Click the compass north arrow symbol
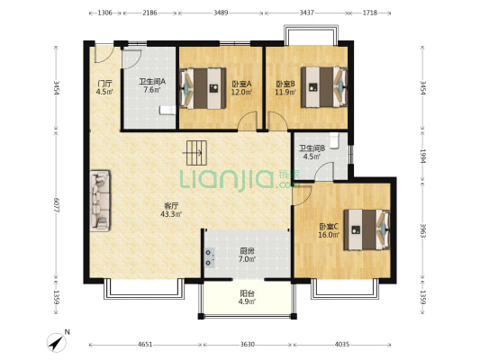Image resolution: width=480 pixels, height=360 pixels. pos(57,343)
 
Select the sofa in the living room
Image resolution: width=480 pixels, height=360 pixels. pos(100,201)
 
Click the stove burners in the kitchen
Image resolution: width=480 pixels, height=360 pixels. pos(210,257)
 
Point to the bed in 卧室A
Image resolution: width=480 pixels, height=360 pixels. pos(203,88)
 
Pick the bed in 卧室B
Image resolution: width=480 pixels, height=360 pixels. pos(324,87)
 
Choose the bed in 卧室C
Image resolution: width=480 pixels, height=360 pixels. pos(367,229)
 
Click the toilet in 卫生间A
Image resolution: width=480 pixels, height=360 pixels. pos(168,110)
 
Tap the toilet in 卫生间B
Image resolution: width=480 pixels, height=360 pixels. pos(334,140)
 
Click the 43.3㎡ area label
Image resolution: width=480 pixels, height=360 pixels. pos(171,214)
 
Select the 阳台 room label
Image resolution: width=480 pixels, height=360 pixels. pos(247,293)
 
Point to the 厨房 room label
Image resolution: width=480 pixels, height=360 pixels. pos(247,251)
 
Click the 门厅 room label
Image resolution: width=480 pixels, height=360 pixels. pos(104,84)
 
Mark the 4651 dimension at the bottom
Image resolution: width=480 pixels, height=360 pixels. pos(145,345)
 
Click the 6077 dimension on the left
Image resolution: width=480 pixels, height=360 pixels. pos(56,205)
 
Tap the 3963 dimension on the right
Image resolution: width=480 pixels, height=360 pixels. pos(422,230)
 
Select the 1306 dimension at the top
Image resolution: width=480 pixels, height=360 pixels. pos(105,13)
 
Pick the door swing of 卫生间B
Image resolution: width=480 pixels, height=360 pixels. pos(324,172)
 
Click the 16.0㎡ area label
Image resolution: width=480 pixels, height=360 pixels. pos(329,235)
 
